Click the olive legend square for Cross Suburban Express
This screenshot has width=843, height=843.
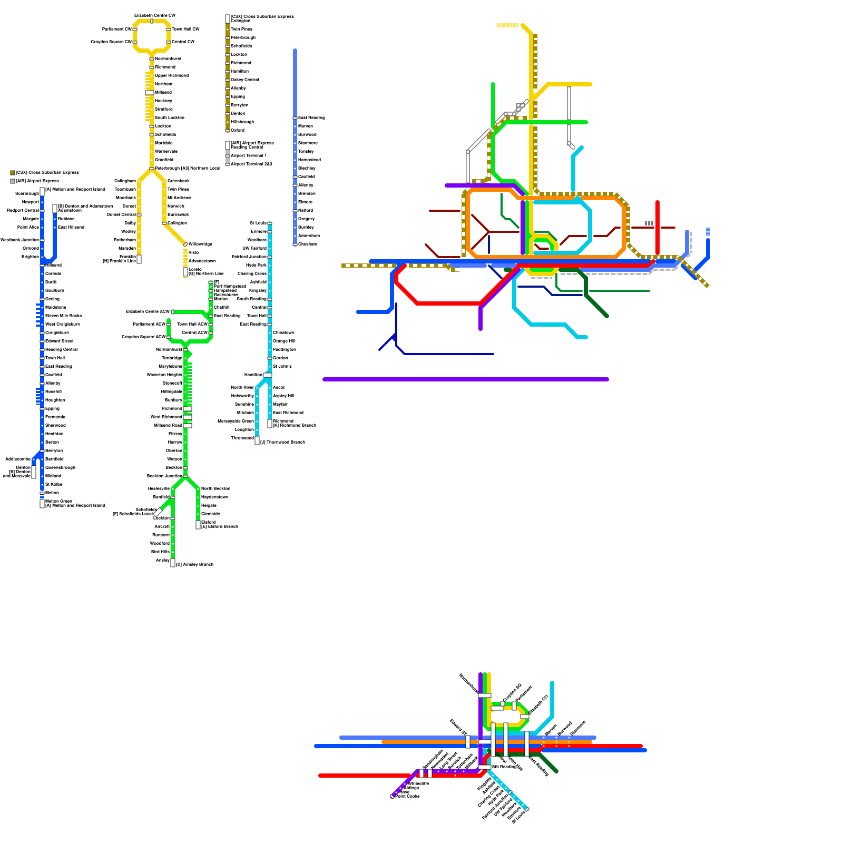(x=13, y=173)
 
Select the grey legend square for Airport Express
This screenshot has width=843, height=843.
(x=13, y=181)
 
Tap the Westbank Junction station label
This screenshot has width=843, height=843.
(x=19, y=240)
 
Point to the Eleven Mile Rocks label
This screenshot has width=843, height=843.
(x=63, y=316)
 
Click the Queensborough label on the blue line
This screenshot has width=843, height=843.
(x=60, y=468)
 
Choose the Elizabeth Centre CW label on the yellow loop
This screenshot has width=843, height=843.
(x=155, y=16)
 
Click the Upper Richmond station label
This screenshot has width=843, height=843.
(x=171, y=76)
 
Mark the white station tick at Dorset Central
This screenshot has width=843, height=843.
(x=139, y=215)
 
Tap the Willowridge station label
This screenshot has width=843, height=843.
(x=200, y=244)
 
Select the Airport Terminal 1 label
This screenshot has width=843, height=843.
(x=249, y=156)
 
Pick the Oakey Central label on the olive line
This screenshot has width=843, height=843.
(x=245, y=80)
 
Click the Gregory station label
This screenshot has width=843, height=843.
(x=306, y=219)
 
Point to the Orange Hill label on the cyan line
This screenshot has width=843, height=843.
(x=284, y=341)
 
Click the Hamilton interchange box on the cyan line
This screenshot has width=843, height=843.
(x=268, y=375)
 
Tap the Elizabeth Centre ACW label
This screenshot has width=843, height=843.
(x=148, y=312)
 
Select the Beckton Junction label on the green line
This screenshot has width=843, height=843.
(x=164, y=476)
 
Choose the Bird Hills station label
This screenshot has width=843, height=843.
(x=160, y=552)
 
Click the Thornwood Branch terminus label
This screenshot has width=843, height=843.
(x=282, y=443)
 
